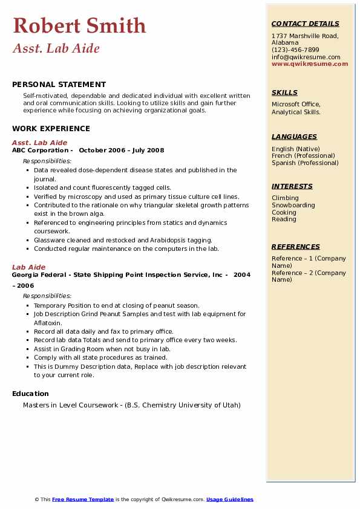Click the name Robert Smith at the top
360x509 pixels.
[x=79, y=25]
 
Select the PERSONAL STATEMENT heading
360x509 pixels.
[x=59, y=85]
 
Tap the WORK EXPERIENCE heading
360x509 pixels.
[x=51, y=128]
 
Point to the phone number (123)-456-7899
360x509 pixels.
[x=295, y=50]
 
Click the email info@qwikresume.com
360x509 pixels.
[x=306, y=57]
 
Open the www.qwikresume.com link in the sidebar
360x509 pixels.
[x=310, y=64]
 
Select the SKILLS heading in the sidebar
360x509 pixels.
[x=284, y=92]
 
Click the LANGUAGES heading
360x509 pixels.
[x=294, y=137]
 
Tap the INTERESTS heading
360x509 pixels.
[x=292, y=186]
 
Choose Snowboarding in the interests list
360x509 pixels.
[x=293, y=205]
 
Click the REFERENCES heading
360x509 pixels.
[x=296, y=247]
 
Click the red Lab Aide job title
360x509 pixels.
[x=28, y=267]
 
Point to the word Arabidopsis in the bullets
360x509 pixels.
[x=165, y=240]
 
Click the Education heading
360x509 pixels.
[x=30, y=394]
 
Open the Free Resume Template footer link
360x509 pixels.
[x=83, y=499]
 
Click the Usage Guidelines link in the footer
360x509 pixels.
[x=230, y=499]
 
